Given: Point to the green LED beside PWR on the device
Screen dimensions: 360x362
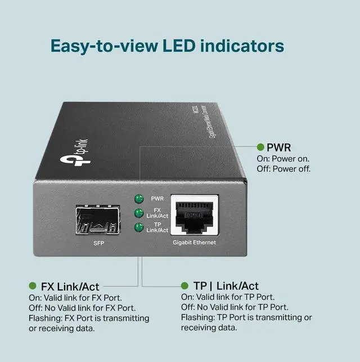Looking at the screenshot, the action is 138,199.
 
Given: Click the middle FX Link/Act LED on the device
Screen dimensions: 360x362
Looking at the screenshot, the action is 138,213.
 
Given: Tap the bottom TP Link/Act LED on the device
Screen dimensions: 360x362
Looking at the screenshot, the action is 138,227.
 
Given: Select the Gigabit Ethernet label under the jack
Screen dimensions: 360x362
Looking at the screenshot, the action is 194,243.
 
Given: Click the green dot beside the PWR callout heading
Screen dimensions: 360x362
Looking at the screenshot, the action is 260,147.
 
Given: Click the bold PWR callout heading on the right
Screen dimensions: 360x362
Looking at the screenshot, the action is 279,148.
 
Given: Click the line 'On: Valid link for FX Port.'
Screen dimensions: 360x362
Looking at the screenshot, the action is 76,297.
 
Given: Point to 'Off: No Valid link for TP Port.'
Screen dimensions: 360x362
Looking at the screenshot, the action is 235,307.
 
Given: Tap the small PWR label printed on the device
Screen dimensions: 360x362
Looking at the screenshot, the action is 157,199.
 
